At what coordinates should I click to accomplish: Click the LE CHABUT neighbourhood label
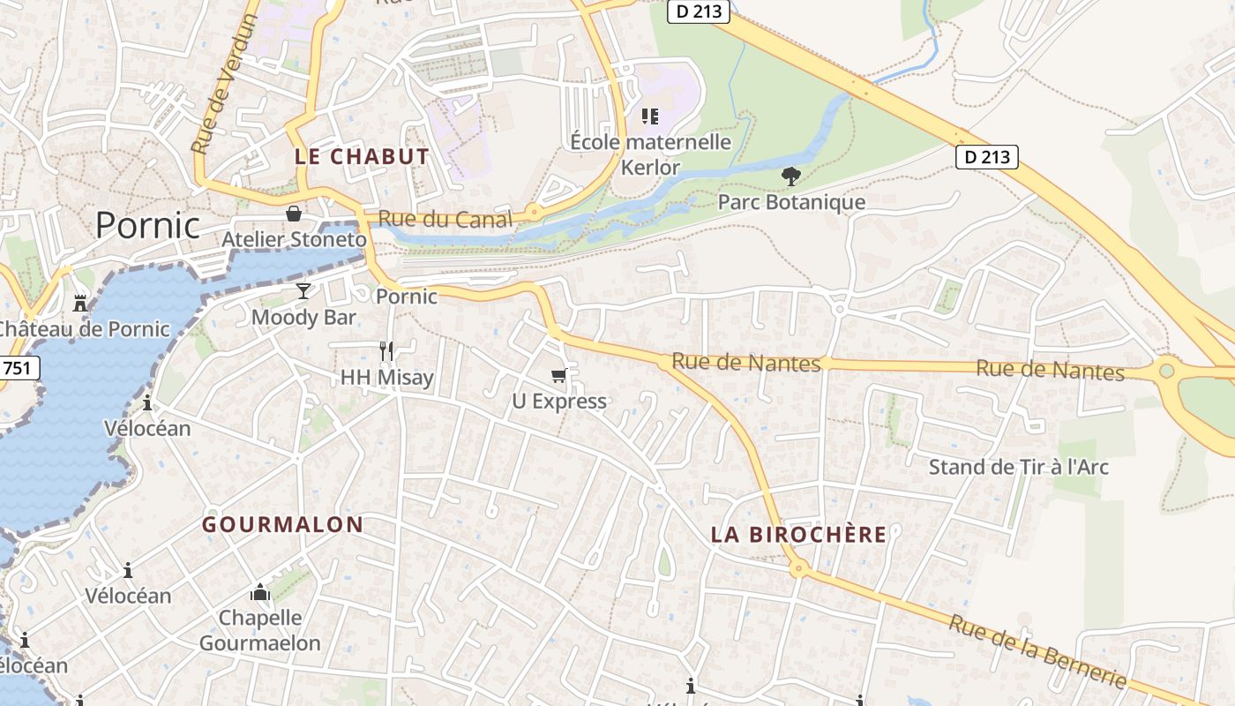362,157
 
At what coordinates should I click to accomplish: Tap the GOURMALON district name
282,524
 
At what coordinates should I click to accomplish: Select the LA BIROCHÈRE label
799,534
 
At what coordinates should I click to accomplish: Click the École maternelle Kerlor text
651,154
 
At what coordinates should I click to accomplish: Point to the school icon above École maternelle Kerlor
650,116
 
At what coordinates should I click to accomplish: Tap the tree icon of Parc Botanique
790,176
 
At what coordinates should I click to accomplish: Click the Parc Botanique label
791,202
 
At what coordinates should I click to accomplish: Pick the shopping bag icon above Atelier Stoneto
294,214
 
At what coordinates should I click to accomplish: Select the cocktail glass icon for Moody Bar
303,291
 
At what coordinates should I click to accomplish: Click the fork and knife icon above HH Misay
386,350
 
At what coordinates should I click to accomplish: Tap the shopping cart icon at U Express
558,376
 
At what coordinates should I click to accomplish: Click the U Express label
559,402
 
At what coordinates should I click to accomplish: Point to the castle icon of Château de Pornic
80,304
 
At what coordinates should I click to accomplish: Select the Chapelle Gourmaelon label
260,630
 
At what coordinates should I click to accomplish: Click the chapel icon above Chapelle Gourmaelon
260,591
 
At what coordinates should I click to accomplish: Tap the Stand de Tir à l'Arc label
1018,467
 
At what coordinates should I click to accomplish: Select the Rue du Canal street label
445,219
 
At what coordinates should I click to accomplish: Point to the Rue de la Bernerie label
1037,651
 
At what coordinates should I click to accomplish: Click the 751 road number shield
19,368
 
